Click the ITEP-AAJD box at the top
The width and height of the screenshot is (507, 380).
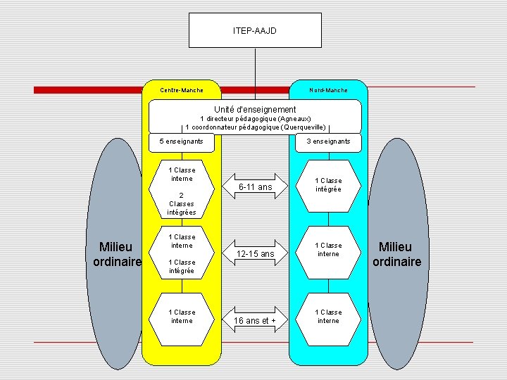(255, 30)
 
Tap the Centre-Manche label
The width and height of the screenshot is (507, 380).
(182, 90)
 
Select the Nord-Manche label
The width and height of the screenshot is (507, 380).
(328, 90)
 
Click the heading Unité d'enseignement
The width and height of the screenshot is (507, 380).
(255, 110)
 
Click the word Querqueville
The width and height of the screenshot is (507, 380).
(303, 127)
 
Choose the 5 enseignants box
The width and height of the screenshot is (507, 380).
(182, 141)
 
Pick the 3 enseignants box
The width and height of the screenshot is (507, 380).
(328, 141)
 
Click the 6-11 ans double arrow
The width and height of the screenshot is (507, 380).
(255, 187)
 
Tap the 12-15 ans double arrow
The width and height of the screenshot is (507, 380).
(255, 253)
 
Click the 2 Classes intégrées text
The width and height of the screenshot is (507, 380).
(182, 204)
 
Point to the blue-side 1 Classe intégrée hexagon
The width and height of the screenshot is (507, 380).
(328, 185)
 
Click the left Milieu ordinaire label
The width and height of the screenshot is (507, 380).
(117, 254)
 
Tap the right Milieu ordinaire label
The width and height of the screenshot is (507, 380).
(395, 254)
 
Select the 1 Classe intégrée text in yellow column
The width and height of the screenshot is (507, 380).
(182, 267)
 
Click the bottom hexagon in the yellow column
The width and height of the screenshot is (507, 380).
(182, 317)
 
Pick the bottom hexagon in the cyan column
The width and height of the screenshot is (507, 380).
(328, 317)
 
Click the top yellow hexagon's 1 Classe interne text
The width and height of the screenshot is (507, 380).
(182, 175)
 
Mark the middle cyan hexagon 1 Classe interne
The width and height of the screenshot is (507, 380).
(328, 250)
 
